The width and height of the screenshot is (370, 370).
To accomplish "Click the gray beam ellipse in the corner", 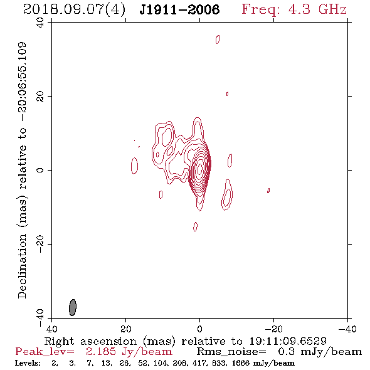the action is (73, 307).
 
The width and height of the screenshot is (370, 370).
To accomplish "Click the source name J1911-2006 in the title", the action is (179, 9).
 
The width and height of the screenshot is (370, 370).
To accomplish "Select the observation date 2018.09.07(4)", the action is (74, 9).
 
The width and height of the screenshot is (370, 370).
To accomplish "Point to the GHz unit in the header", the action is (332, 9).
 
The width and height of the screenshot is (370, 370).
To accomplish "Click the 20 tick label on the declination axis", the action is (40, 97).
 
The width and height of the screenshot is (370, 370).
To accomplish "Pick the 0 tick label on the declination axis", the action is (40, 170).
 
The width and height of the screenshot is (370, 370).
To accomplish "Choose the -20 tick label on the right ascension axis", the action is (273, 329).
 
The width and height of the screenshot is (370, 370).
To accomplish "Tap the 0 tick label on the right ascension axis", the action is (199, 329).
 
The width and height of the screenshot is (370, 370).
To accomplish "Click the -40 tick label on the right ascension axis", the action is (347, 329).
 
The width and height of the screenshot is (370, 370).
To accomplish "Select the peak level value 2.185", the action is (101, 352).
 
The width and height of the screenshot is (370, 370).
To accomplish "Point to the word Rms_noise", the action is (231, 352).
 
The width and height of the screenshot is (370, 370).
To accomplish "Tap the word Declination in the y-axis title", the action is (22, 267).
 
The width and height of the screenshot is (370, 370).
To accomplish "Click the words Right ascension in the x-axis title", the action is (90, 341).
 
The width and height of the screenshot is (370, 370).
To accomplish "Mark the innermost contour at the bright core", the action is (200, 169).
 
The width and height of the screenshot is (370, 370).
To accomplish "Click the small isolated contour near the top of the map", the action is (218, 40).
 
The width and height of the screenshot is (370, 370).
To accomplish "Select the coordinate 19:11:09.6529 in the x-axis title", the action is (288, 341).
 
